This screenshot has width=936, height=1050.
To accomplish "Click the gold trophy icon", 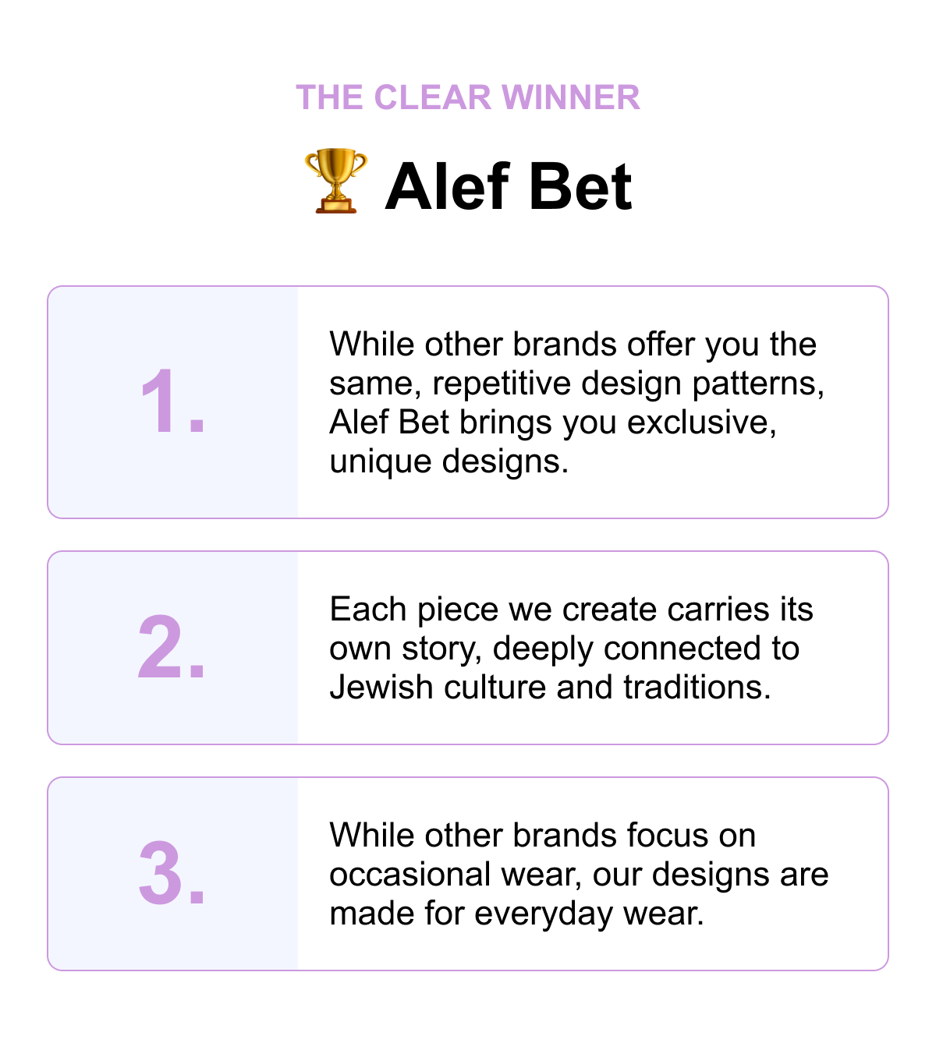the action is (335, 180).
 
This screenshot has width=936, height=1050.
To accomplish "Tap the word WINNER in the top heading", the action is (571, 97).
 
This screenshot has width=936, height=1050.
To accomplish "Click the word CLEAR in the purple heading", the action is (432, 97).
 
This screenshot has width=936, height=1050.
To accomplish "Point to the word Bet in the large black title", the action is (580, 186).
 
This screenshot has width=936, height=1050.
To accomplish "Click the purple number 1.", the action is (172, 401).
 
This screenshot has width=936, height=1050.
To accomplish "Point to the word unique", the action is (380, 462).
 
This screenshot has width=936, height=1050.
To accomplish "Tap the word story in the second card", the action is (441, 649).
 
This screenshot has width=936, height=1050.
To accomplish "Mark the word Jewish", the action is (381, 688).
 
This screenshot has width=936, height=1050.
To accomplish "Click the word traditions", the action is (697, 688).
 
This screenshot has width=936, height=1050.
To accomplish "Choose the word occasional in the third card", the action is (409, 875).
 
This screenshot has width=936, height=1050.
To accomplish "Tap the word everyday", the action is (544, 914).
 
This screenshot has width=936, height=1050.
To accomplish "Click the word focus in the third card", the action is (668, 836).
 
